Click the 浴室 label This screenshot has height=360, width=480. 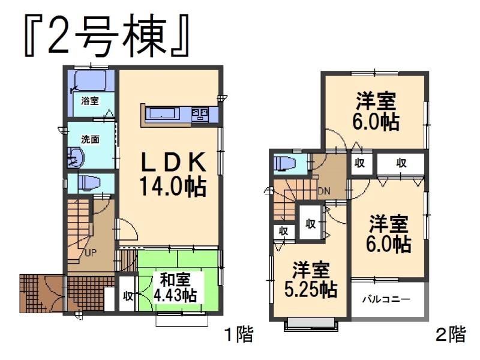90,102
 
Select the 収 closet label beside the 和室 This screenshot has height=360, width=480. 128,295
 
